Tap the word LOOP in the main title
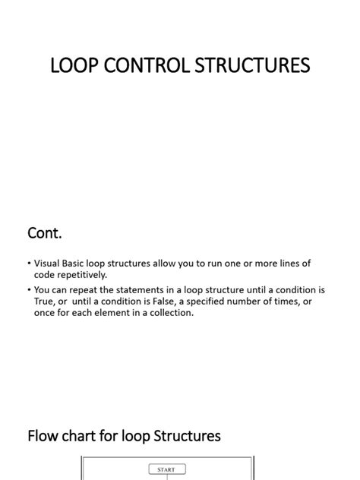click(71, 66)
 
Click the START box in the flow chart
click(166, 469)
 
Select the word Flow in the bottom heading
click(42, 436)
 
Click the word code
click(45, 274)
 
